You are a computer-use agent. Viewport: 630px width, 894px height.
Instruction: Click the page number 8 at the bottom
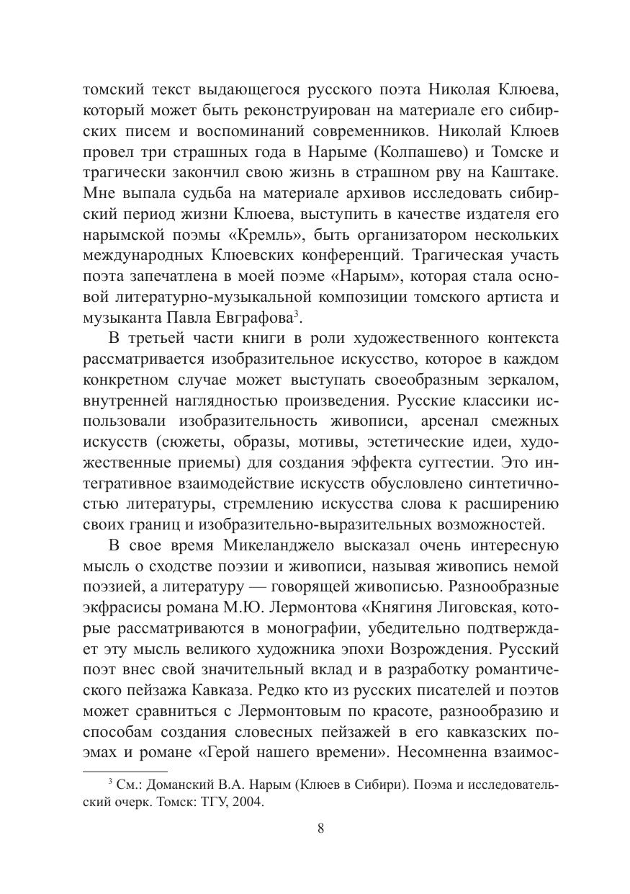pyautogui.click(x=320, y=828)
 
